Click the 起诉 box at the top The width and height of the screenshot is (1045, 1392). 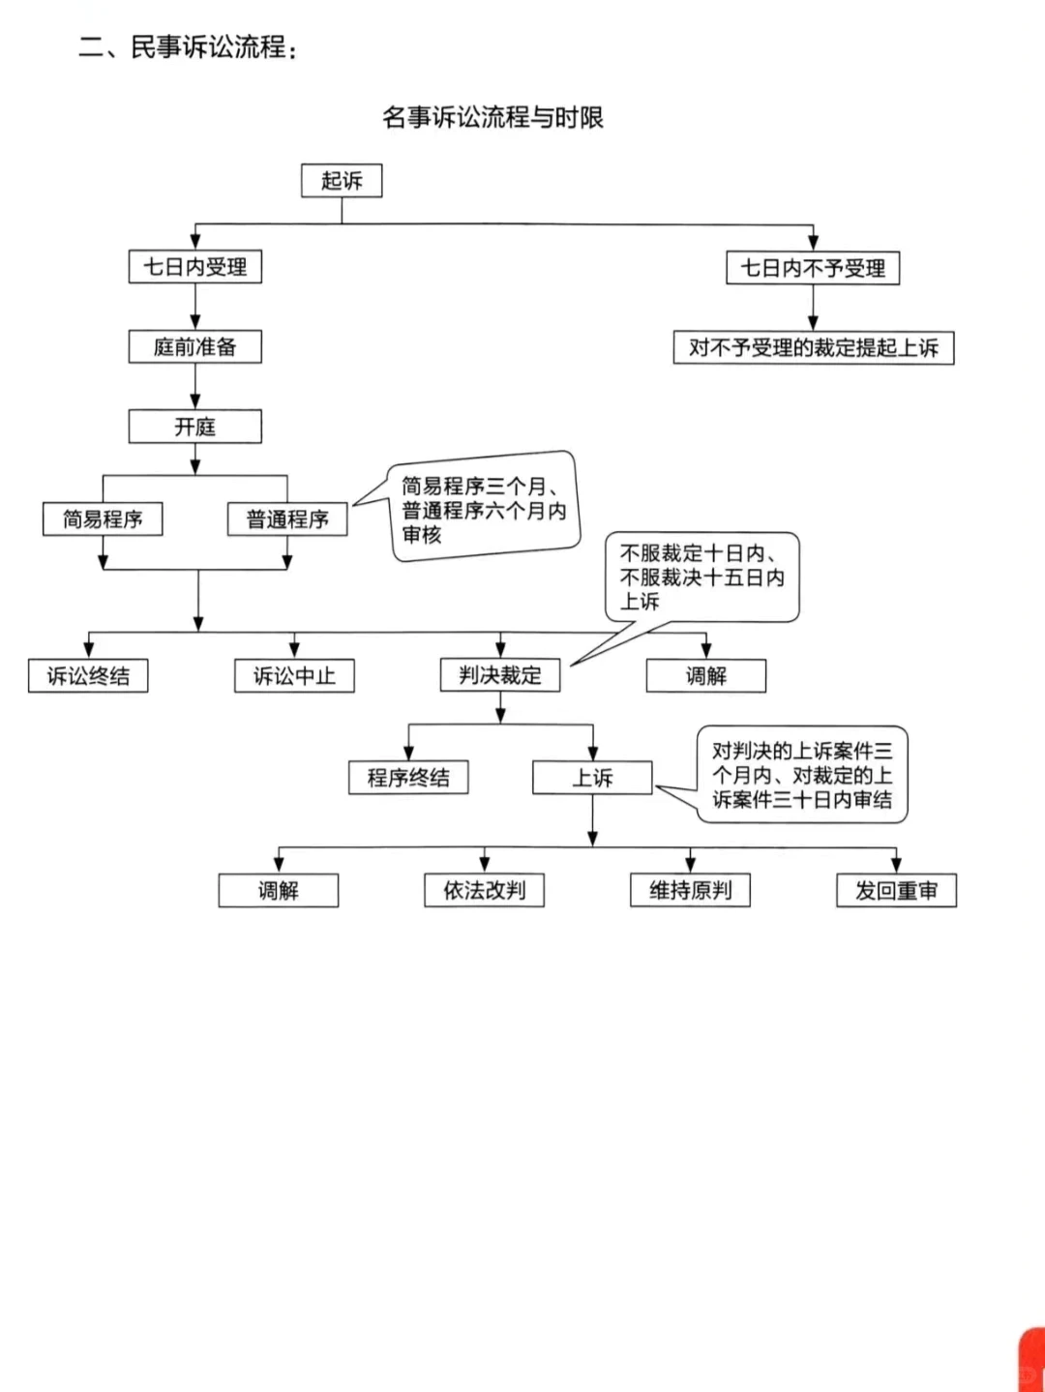coord(342,181)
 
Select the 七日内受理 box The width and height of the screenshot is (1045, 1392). coord(195,267)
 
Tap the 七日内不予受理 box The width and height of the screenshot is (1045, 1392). coord(813,268)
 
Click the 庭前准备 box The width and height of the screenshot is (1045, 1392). coord(195,347)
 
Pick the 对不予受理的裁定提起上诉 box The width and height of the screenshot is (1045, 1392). coord(814,348)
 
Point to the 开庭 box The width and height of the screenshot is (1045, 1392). coord(195,427)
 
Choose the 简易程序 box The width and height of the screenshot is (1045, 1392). coord(103,519)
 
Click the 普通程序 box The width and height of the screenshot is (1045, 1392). coord(287,519)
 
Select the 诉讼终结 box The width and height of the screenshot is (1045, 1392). coord(88,676)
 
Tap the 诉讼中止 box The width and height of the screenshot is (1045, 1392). coord(294,676)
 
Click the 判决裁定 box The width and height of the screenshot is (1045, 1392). coord(500,675)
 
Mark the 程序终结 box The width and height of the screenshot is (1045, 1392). coord(408,778)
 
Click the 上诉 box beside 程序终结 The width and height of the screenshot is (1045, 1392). coord(592,778)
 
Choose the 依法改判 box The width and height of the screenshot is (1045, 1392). coord(484,891)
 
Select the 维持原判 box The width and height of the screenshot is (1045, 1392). coord(690,891)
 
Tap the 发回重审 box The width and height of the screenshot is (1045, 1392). coord(896,891)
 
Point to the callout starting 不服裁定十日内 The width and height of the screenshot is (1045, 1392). coord(702,578)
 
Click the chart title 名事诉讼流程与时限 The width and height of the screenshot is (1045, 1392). coord(493,118)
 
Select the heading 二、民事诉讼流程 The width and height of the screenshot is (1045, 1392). coord(188,47)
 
